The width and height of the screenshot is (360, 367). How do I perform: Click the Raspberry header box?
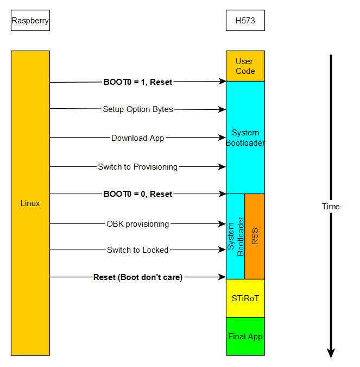[x=30, y=21]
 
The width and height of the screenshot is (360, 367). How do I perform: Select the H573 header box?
[x=245, y=21]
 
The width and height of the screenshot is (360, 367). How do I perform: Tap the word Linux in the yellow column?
[x=30, y=203]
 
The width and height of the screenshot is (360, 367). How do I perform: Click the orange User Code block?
[x=245, y=66]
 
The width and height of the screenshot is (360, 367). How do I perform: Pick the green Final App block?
[x=245, y=337]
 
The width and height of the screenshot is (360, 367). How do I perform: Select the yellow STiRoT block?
[x=245, y=298]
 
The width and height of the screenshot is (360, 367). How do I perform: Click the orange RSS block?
[x=255, y=236]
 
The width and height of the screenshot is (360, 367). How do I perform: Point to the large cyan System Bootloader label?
[x=245, y=138]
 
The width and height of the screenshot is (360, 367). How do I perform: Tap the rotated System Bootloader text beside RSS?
[x=236, y=236]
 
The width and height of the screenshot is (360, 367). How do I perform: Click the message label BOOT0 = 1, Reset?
[x=138, y=82]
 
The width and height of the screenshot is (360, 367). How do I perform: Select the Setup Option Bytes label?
[x=138, y=109]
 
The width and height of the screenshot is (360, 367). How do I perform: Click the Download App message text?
[x=138, y=138]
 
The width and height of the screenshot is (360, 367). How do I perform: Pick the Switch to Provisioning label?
[x=138, y=167]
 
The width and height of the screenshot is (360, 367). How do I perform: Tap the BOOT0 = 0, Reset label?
[x=138, y=194]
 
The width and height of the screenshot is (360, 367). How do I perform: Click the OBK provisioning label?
[x=138, y=224]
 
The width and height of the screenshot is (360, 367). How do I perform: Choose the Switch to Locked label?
[x=138, y=250]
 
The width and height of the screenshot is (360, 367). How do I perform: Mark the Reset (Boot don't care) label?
[x=138, y=277]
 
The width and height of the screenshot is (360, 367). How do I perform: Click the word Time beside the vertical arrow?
[x=331, y=207]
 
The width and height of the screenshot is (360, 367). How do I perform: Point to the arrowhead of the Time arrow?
[x=331, y=353]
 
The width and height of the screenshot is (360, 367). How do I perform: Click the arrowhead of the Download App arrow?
[x=223, y=138]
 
